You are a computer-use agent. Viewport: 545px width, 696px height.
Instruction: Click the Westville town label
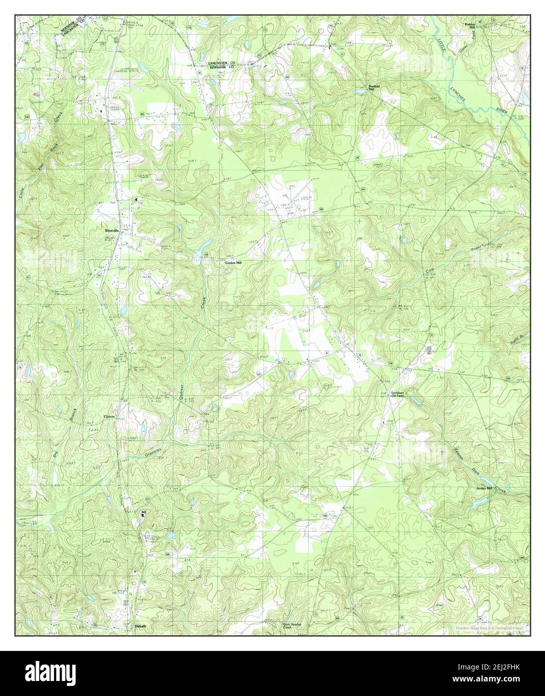click(x=111, y=231)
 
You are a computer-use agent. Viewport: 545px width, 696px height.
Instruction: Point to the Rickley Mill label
click(x=469, y=26)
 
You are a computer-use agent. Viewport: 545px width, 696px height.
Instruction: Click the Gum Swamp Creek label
click(x=293, y=626)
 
